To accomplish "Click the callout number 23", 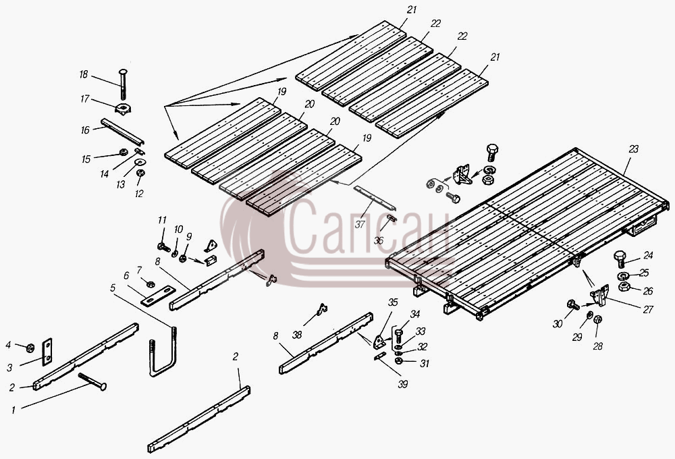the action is pos(633,149).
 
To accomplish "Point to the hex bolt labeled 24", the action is pos(620,259).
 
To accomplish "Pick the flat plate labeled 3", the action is pos(47,352).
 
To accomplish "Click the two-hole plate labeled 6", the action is pos(158,296).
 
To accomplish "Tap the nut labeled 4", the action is pos(30,348).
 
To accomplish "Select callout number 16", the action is pos(85,130).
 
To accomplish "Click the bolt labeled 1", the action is pos(92,381).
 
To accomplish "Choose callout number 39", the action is pos(402,384).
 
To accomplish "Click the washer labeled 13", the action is pos(140,162).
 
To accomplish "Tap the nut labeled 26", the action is pos(624,286).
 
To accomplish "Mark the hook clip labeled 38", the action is pos(321,309).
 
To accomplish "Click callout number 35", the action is pos(393,302).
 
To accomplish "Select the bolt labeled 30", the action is pos(573,305).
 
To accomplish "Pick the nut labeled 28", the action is pos(597,319).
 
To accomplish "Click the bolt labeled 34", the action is pos(398,336).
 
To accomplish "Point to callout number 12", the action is pos(139,194).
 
